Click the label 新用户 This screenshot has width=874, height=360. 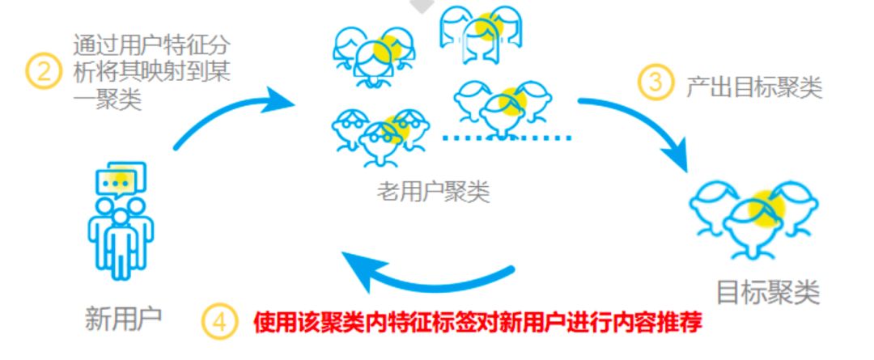(124, 318)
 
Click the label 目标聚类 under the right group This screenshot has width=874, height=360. (768, 291)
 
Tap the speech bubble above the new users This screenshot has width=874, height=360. (121, 180)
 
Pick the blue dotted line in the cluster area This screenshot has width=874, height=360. (507, 138)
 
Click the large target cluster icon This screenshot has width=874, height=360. (753, 215)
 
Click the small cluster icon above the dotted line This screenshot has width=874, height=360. (502, 104)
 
